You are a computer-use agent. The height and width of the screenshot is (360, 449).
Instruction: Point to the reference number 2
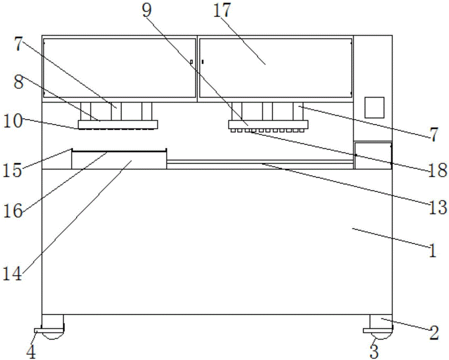pyautogui.click(x=433, y=333)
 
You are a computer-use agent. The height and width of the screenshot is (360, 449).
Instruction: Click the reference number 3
pyautogui.click(x=374, y=351)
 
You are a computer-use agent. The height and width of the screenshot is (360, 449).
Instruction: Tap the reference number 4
pyautogui.click(x=31, y=351)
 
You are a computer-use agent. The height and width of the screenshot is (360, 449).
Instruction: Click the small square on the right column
pyautogui.click(x=374, y=108)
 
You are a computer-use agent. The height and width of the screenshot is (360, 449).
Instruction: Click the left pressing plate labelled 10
pyautogui.click(x=118, y=124)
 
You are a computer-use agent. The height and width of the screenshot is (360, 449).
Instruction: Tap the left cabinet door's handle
pyautogui.click(x=191, y=61)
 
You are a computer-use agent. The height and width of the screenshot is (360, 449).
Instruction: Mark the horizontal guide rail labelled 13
pyautogui.click(x=260, y=162)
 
